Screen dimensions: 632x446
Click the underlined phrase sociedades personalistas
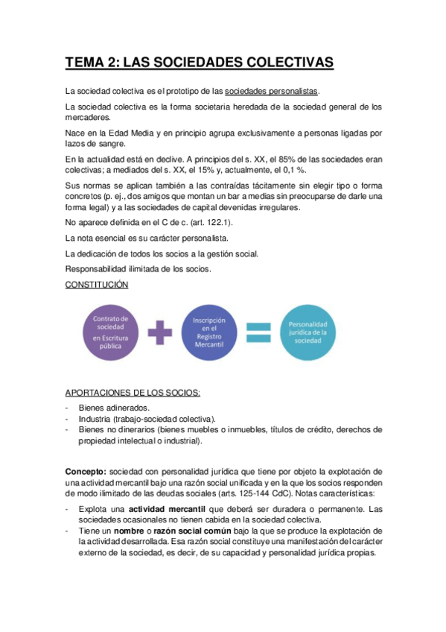(x=271, y=91)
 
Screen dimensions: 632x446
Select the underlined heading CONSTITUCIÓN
(x=97, y=285)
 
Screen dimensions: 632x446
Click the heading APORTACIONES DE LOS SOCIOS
(x=133, y=393)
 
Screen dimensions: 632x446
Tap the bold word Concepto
(x=85, y=472)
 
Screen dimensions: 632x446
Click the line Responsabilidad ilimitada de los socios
(x=138, y=269)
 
